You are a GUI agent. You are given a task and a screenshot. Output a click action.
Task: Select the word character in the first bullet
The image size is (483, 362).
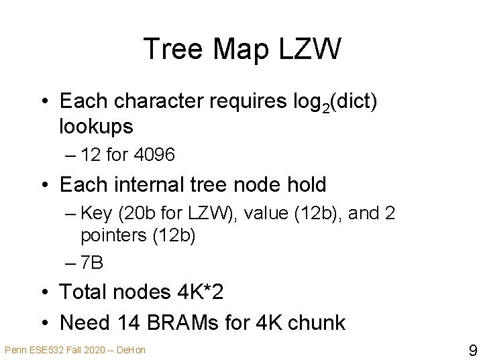pos(161,101)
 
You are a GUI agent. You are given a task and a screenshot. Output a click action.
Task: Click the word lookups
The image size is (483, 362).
pos(97,125)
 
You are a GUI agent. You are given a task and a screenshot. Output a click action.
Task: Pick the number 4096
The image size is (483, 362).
pos(155,156)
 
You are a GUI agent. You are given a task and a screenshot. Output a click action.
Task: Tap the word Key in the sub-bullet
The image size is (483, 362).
pos(93,214)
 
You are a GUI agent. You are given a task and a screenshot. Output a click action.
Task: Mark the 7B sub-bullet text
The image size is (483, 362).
pos(91,263)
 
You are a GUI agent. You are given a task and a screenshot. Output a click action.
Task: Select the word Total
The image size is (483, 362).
pos(83,292)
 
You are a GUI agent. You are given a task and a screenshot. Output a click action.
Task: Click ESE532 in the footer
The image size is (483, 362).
pos(42,349)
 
